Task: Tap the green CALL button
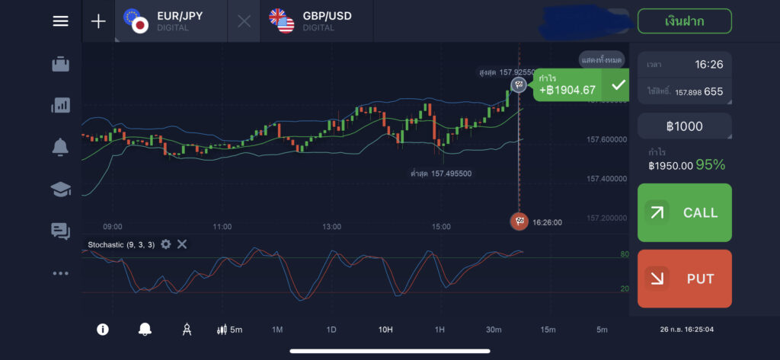click(x=684, y=212)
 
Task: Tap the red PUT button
click(x=684, y=279)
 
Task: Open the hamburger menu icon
click(x=60, y=21)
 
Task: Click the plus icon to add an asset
click(x=98, y=21)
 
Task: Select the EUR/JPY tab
click(x=171, y=21)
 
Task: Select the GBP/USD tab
click(x=317, y=21)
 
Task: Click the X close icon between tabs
click(x=244, y=21)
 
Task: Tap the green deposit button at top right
click(x=684, y=21)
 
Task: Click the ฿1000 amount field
click(x=684, y=126)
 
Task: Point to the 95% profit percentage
click(x=710, y=164)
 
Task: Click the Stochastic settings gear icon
click(x=166, y=244)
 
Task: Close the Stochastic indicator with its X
click(x=182, y=244)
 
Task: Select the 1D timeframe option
click(x=331, y=330)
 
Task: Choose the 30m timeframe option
click(x=494, y=330)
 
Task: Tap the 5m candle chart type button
click(x=229, y=330)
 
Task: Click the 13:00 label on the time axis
click(x=331, y=227)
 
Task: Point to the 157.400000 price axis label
click(x=606, y=179)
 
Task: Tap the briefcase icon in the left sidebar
click(x=60, y=65)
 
